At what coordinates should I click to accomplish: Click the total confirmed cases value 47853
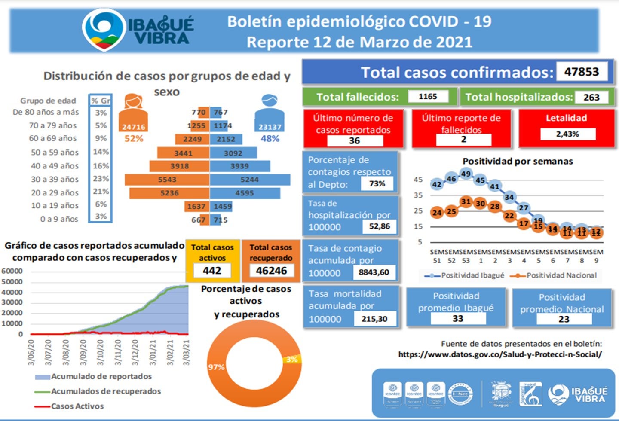582,72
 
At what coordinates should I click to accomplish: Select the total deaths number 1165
428,97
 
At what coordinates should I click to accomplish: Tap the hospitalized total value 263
591,98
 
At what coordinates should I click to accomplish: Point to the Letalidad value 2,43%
567,134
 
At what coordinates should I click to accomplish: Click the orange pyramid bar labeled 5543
167,180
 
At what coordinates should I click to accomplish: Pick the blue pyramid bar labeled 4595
245,193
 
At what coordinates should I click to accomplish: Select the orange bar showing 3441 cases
183,153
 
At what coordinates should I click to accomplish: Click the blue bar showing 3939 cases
239,166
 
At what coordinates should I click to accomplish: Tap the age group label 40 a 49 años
55,166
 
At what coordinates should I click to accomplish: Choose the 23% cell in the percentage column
101,179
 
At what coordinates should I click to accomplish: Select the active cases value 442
212,271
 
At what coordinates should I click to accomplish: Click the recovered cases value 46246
271,271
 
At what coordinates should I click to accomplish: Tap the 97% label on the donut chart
216,367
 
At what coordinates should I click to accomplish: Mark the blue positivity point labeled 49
466,174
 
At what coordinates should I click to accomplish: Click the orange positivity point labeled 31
466,202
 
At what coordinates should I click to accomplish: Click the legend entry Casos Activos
77,406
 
